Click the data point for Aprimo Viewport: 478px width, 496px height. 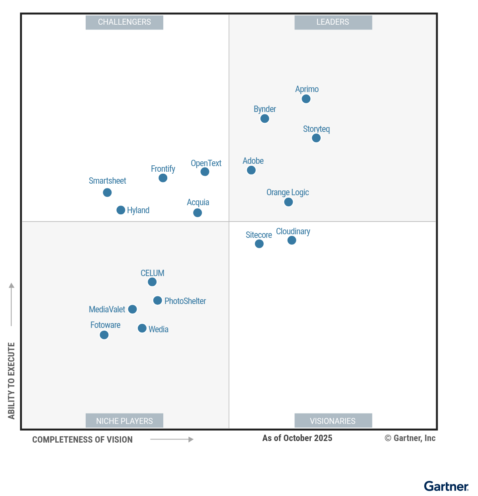pos(306,99)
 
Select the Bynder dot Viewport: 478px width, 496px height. pos(264,119)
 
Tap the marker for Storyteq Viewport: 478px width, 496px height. pos(316,138)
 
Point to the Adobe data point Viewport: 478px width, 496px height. pos(251,170)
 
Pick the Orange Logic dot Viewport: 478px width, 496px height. pos(288,202)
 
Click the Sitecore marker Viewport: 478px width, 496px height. pos(259,244)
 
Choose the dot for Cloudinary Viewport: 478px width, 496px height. pos(292,240)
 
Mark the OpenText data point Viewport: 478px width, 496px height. pos(205,172)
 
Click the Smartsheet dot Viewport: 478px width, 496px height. pos(107,192)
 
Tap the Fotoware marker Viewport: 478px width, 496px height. pos(104,335)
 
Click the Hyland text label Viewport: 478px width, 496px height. pos(138,210)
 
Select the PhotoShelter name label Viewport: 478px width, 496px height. pos(185,301)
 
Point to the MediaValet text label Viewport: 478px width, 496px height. pos(107,310)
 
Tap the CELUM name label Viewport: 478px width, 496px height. pos(152,273)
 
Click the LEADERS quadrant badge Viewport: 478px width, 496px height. pos(333,22)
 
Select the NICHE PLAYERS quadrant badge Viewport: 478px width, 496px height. pos(124,421)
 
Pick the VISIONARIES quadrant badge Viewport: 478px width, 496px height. pos(333,421)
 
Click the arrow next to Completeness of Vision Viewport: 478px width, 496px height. pos(172,439)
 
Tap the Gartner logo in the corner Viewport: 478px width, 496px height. pos(446,486)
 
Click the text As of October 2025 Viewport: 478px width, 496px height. pos(297,438)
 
